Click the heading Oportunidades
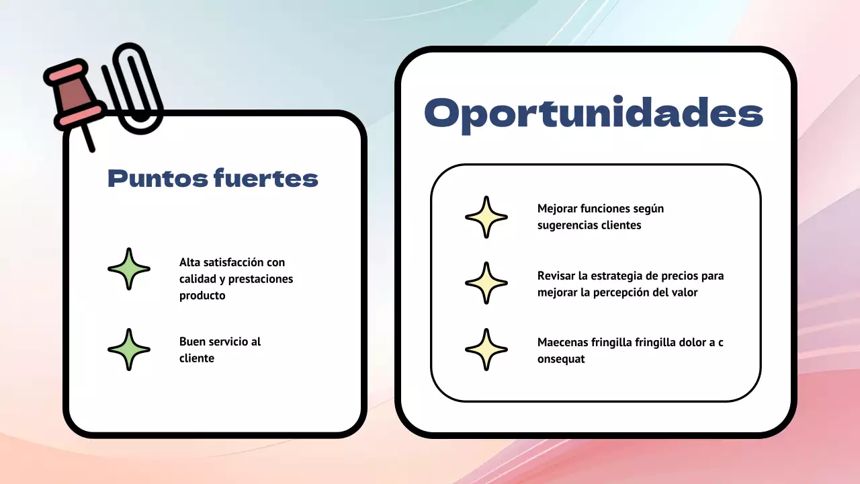click(x=594, y=114)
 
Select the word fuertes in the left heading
click(x=265, y=179)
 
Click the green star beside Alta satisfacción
click(x=129, y=269)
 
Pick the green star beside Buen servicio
click(x=129, y=350)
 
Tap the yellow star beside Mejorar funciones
click(x=486, y=217)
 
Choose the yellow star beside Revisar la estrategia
click(x=486, y=283)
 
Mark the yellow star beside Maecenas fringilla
click(x=486, y=350)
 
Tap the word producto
click(x=202, y=296)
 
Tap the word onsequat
click(x=561, y=359)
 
